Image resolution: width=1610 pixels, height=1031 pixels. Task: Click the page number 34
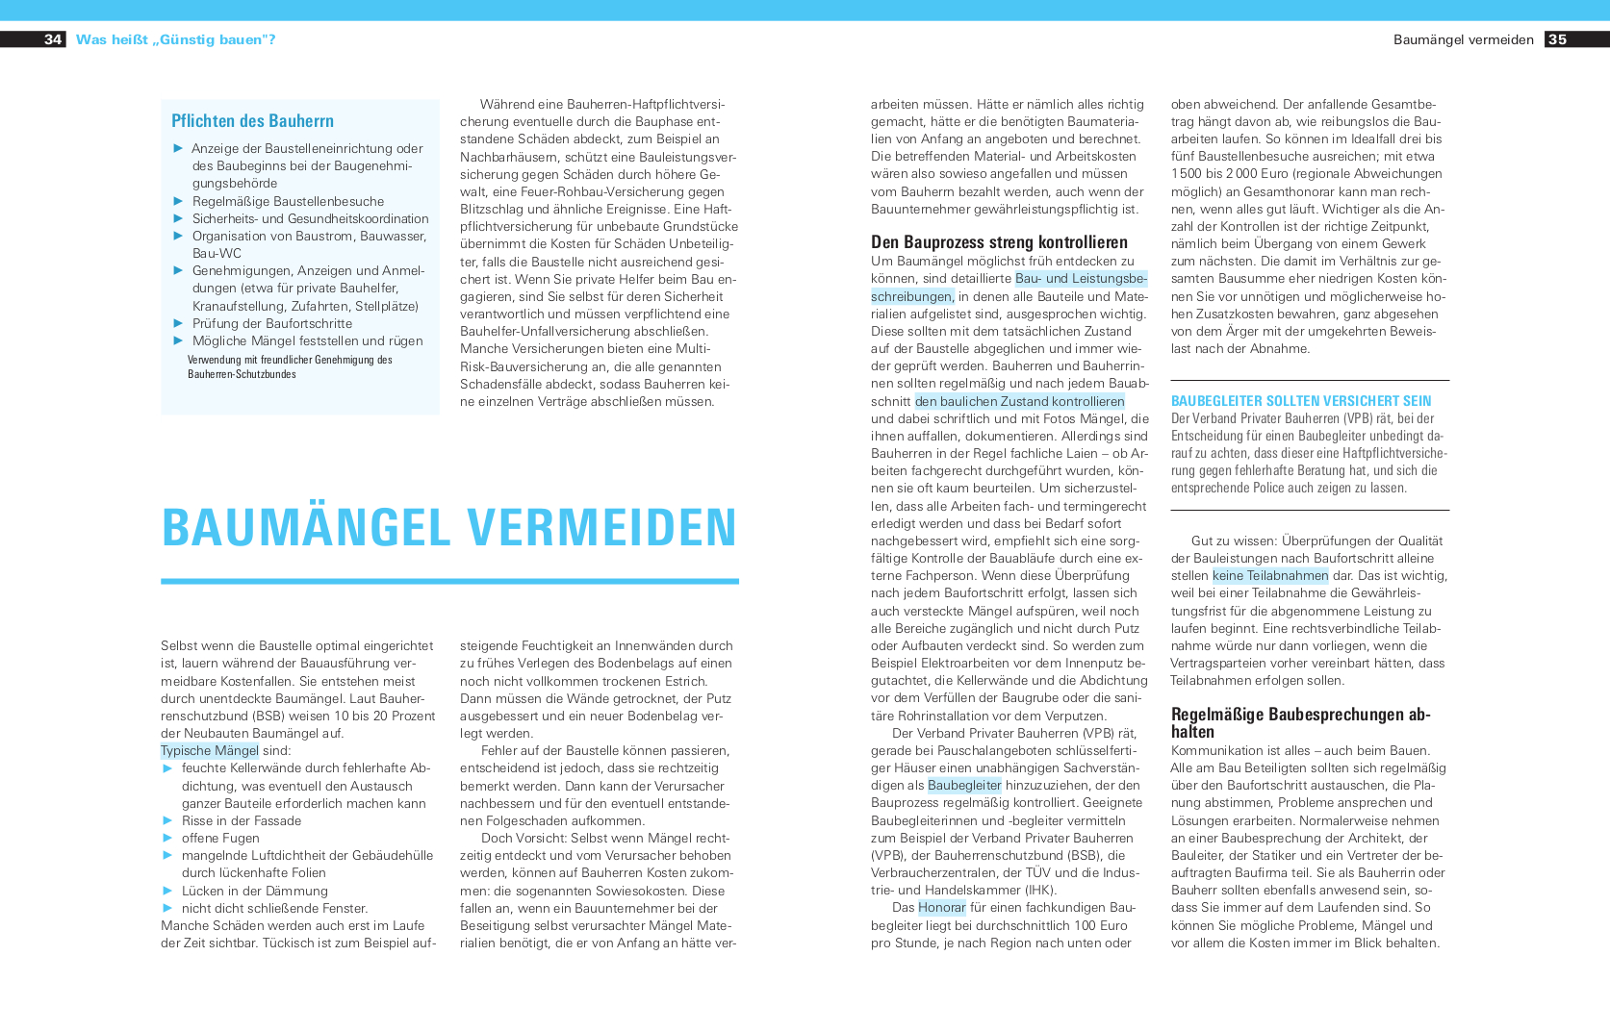click(x=53, y=39)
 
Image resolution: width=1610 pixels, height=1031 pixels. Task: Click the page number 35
click(x=1557, y=39)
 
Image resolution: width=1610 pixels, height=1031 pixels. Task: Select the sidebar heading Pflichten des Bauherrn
click(x=252, y=120)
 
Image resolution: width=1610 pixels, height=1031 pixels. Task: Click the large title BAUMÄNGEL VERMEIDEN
click(x=449, y=527)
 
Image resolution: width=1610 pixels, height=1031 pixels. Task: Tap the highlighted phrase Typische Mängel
click(x=209, y=751)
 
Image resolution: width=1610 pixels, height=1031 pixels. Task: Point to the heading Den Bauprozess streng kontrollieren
click(x=999, y=242)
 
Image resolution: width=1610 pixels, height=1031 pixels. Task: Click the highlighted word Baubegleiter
click(x=964, y=786)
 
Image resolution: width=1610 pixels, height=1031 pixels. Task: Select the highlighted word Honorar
click(x=941, y=908)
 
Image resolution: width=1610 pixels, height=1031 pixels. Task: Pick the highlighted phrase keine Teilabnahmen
click(x=1270, y=576)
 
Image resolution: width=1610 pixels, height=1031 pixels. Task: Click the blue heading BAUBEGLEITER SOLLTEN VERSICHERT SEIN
click(x=1300, y=401)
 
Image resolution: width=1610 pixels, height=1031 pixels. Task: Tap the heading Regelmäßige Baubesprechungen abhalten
click(x=1300, y=722)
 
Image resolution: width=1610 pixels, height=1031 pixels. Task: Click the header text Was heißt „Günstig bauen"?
click(x=175, y=39)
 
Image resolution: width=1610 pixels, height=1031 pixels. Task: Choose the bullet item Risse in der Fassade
click(x=242, y=821)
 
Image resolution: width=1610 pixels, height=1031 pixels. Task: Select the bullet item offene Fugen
click(x=220, y=839)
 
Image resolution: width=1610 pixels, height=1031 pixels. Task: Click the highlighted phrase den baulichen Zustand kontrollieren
click(x=1019, y=402)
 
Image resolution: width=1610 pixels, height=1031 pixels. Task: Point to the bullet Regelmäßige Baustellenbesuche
click(x=288, y=202)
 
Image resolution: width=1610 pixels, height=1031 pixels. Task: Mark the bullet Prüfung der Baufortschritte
click(x=272, y=324)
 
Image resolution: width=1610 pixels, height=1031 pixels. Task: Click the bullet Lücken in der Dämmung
click(x=255, y=892)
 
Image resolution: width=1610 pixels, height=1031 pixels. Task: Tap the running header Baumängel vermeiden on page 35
click(x=1463, y=39)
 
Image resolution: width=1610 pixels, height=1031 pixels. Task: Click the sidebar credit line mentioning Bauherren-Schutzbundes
click(x=289, y=367)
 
